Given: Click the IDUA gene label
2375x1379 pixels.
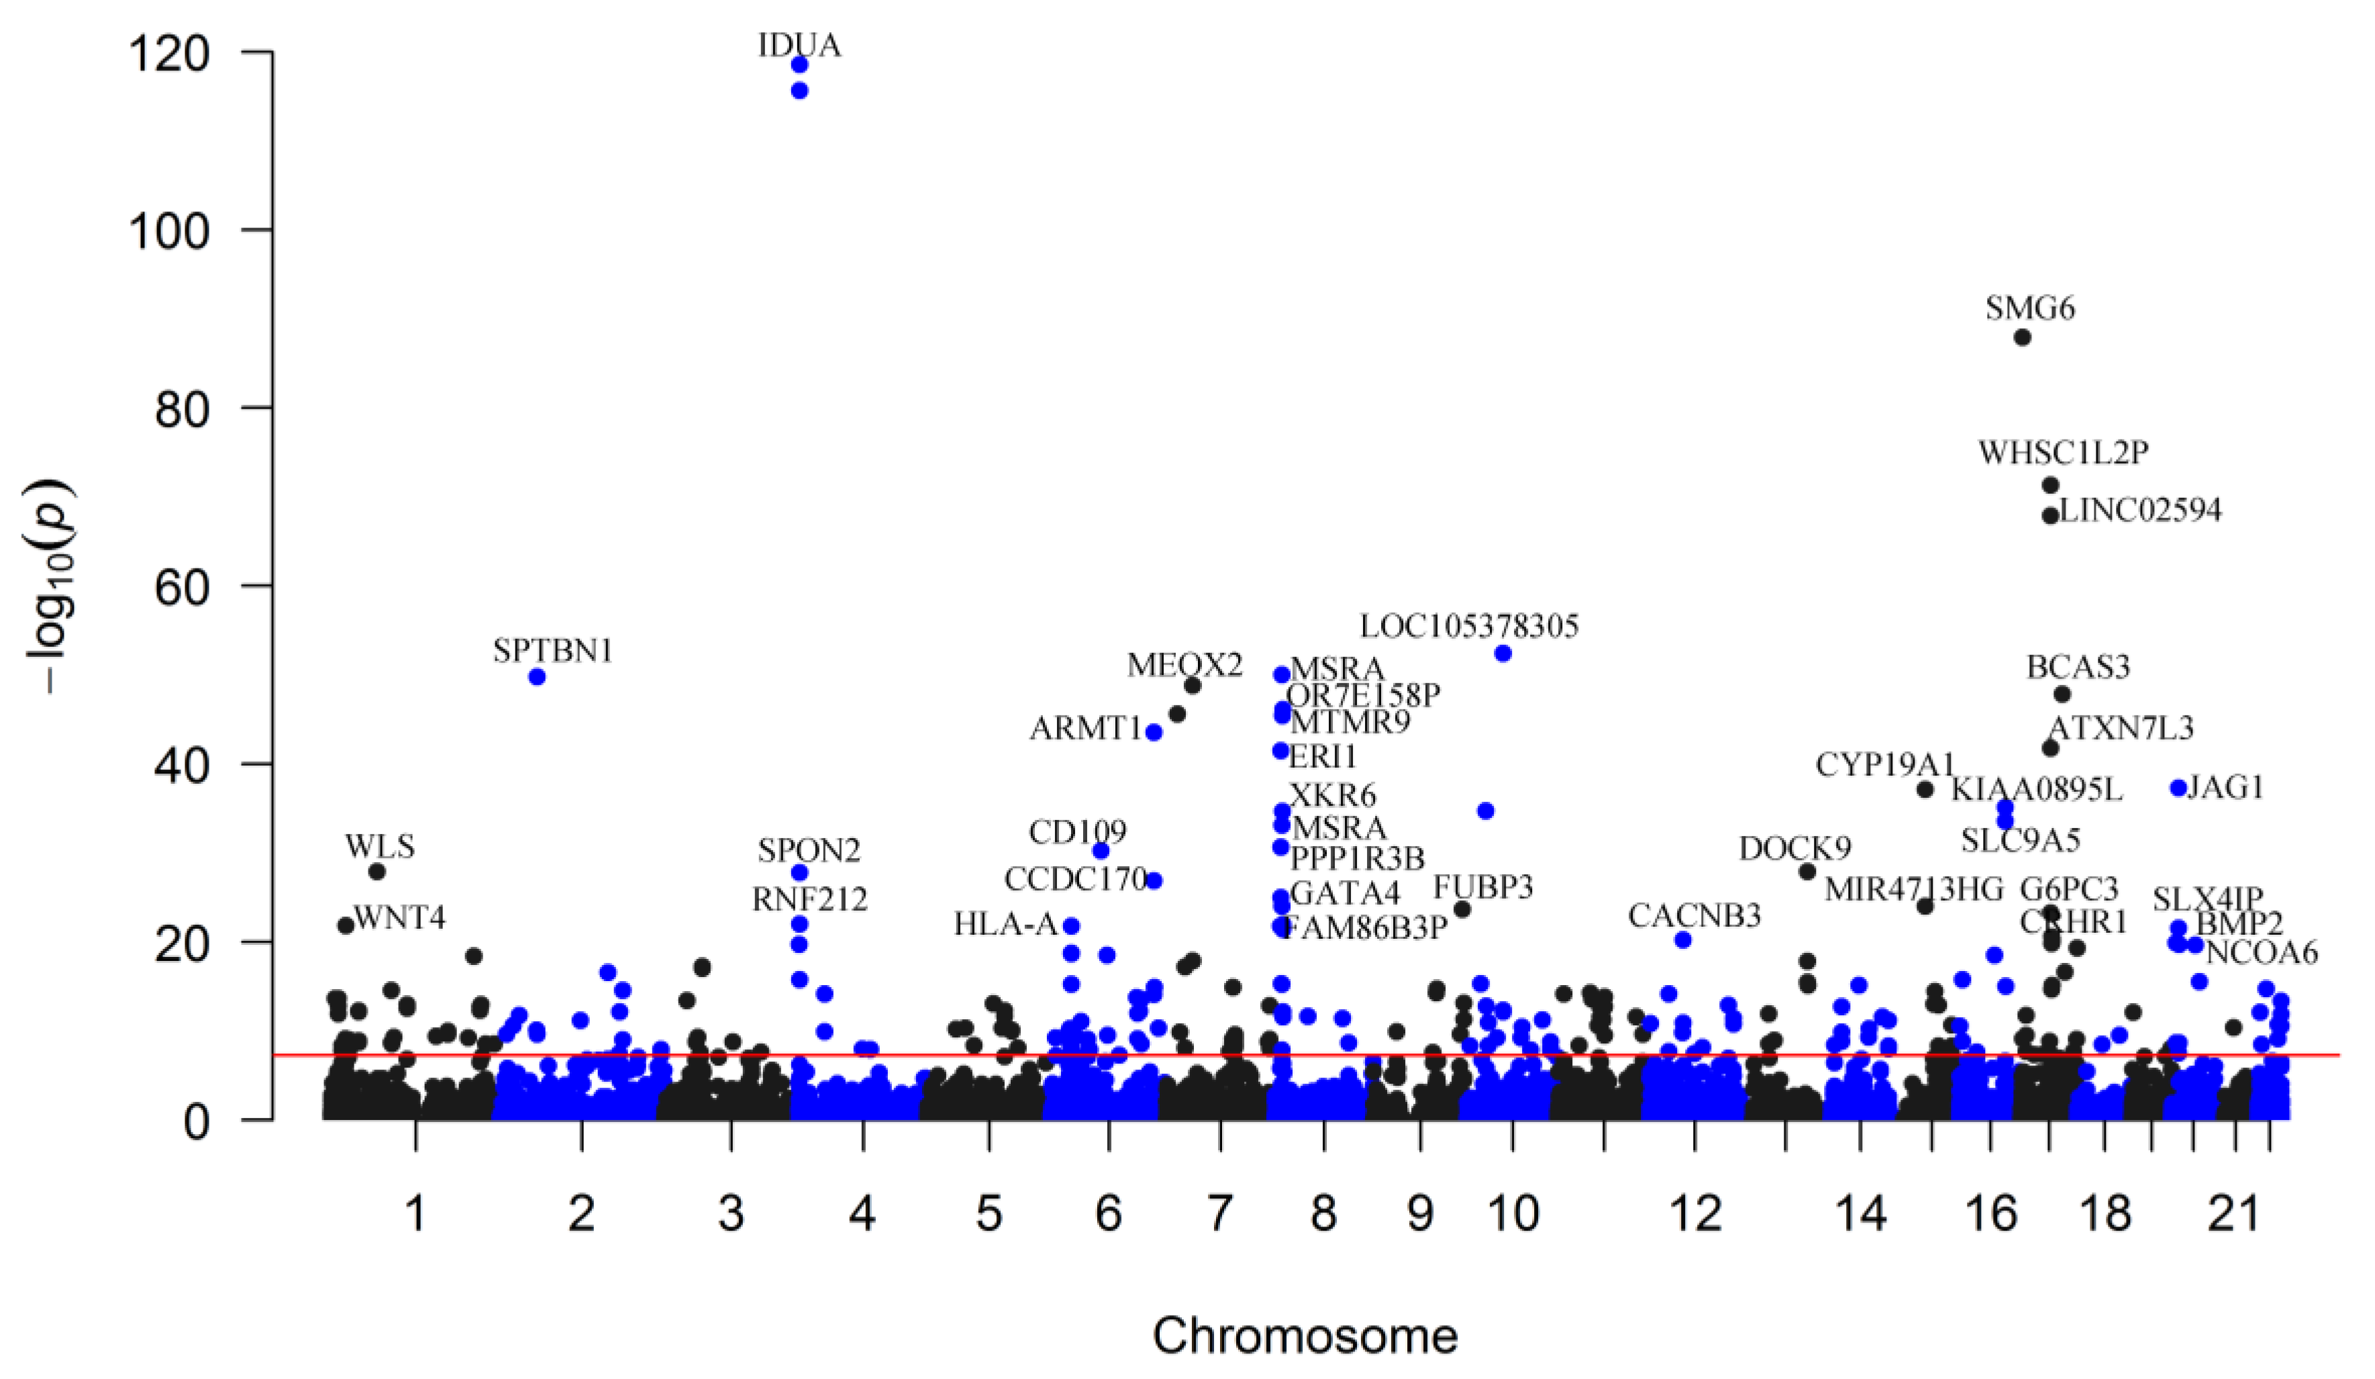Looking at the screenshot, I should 799,45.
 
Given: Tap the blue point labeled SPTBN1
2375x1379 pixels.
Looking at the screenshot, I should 537,677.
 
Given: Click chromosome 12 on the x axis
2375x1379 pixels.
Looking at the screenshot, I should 1695,1214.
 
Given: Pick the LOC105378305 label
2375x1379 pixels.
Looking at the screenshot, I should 1469,627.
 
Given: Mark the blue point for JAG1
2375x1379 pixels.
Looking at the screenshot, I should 2178,788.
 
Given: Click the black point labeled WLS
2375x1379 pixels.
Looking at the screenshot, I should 377,872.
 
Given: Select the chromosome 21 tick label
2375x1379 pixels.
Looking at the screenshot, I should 2235,1214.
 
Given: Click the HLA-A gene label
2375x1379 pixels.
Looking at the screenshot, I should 1005,925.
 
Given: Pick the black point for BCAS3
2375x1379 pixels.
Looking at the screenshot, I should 2062,695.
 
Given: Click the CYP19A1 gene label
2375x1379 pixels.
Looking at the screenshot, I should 1886,764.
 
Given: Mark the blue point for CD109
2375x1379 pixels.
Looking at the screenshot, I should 1101,851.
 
